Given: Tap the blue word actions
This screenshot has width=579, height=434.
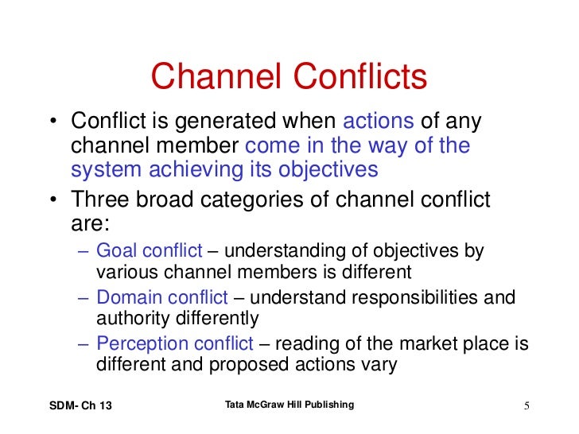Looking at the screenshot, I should (379, 122).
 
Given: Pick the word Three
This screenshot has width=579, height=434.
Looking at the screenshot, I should (99, 200).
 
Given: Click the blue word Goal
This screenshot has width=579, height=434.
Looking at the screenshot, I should (115, 251).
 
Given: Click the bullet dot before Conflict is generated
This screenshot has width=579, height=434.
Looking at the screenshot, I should (52, 123).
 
